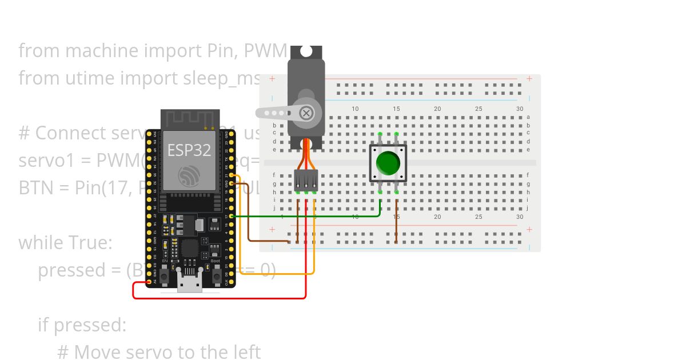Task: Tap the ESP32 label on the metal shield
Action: click(x=189, y=150)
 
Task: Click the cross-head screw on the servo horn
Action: click(x=306, y=113)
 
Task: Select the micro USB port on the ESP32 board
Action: click(x=190, y=284)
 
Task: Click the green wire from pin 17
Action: click(x=309, y=216)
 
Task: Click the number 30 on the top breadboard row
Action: click(x=519, y=109)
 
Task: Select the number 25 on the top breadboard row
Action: click(x=478, y=109)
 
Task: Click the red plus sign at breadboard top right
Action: click(x=530, y=78)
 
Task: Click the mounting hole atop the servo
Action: click(x=306, y=51)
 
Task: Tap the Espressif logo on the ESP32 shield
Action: click(x=189, y=176)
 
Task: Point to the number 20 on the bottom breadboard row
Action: click(x=437, y=217)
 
